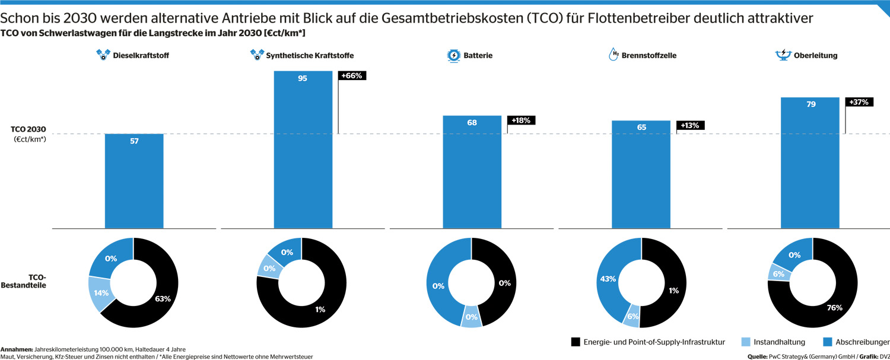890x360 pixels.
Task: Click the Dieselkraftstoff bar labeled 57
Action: pyautogui.click(x=134, y=181)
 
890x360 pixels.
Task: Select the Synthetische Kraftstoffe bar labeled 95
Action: pyautogui.click(x=303, y=150)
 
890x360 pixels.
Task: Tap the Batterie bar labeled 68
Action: pyautogui.click(x=472, y=172)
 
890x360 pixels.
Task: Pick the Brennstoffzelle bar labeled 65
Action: pyautogui.click(x=641, y=174)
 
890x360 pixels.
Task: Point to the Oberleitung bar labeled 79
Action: pyautogui.click(x=810, y=163)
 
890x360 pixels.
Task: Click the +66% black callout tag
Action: pyautogui.click(x=352, y=75)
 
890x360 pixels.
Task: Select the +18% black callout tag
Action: pyautogui.click(x=521, y=120)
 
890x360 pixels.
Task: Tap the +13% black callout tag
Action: pyautogui.click(x=690, y=125)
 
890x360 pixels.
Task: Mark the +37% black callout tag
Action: pyautogui.click(x=859, y=102)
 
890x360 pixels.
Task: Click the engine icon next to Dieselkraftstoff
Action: pyautogui.click(x=103, y=55)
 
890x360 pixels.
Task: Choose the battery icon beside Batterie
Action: pyautogui.click(x=453, y=56)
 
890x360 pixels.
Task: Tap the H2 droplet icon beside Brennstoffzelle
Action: pyautogui.click(x=614, y=55)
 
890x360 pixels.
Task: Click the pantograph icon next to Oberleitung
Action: pyautogui.click(x=783, y=55)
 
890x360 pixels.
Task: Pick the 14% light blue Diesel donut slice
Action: pyautogui.click(x=100, y=293)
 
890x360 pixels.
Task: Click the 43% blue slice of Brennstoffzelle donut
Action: pyautogui.click(x=608, y=278)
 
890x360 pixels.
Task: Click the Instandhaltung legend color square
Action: pyautogui.click(x=746, y=342)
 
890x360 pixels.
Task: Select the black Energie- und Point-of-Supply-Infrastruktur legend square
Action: pyautogui.click(x=576, y=342)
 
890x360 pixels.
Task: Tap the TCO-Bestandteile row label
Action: pyautogui.click(x=24, y=281)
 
